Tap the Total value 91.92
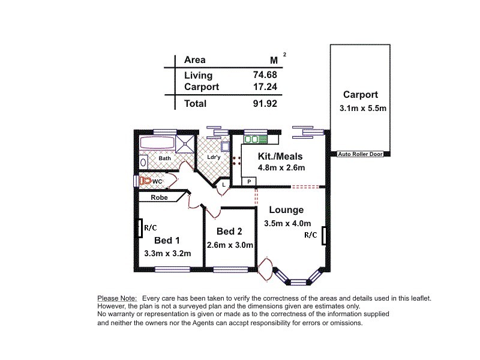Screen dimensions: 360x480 pyautogui.click(x=265, y=103)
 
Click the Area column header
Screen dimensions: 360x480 pyautogui.click(x=194, y=60)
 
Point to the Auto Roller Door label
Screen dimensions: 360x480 pyautogui.click(x=360, y=154)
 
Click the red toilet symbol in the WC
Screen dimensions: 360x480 pyautogui.click(x=145, y=180)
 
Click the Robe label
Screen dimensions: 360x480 pyautogui.click(x=158, y=197)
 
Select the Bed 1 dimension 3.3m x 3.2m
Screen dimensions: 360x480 pyautogui.click(x=167, y=253)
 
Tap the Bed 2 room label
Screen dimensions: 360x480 pyautogui.click(x=229, y=232)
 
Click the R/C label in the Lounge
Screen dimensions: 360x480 pyautogui.click(x=310, y=235)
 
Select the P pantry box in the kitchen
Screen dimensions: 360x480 pyautogui.click(x=247, y=181)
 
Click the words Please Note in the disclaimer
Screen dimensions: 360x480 pyautogui.click(x=117, y=298)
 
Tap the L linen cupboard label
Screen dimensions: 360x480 pyautogui.click(x=223, y=185)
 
